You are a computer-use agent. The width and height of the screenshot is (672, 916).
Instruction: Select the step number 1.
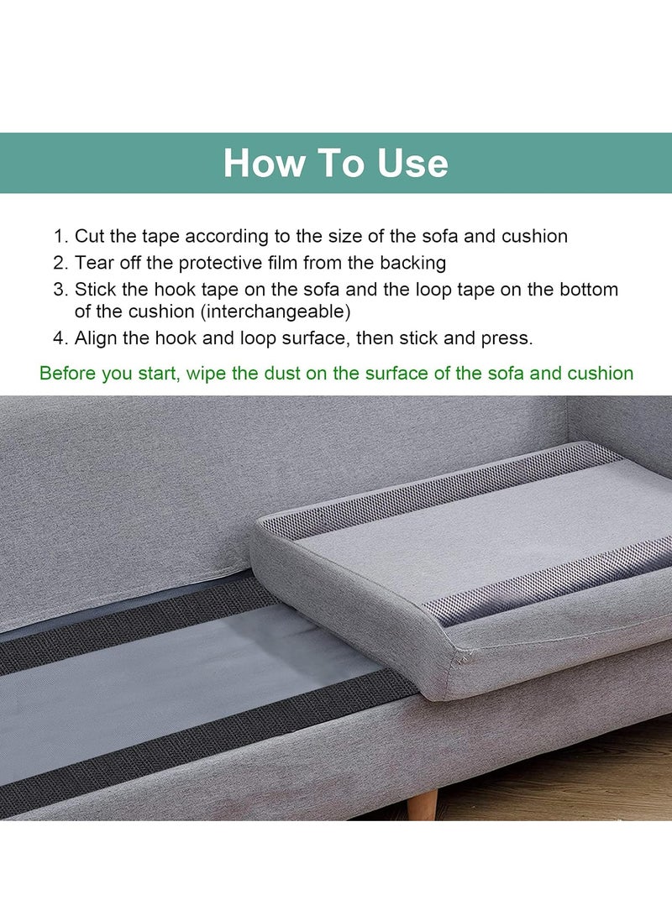pos(60,237)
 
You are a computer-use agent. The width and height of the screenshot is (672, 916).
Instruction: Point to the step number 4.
pos(60,338)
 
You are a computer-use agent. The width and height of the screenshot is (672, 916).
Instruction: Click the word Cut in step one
pos(90,237)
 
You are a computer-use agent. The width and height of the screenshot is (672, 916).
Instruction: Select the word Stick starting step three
pos(94,289)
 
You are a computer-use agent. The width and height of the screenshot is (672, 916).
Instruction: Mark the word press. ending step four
pos(507,338)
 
